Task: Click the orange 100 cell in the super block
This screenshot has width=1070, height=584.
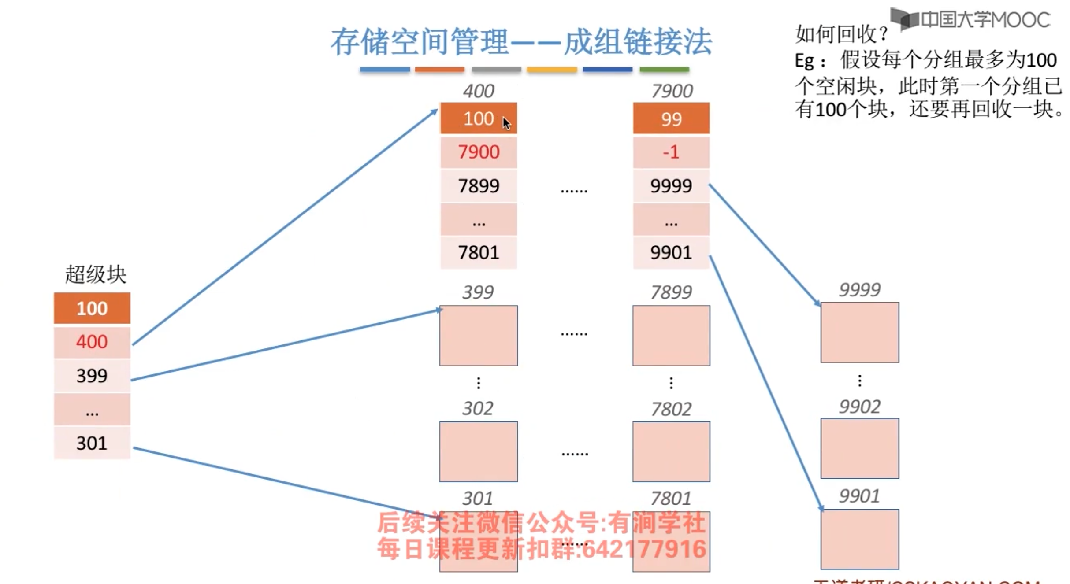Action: point(92,308)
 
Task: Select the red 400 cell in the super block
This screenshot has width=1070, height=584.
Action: point(92,342)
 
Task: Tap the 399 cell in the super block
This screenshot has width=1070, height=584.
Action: point(92,376)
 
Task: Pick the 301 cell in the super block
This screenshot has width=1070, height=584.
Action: point(92,443)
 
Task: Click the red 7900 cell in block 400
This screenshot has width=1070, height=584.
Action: point(479,152)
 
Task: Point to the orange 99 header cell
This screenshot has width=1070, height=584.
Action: point(671,119)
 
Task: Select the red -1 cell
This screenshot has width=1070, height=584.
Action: point(671,152)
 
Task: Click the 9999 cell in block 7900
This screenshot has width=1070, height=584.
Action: point(671,186)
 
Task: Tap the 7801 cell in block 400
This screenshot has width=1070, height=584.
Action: point(479,253)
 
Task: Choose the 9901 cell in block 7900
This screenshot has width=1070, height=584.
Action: point(671,253)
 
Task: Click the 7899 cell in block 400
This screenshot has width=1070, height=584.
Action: point(479,186)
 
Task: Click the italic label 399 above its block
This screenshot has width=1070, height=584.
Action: point(478,292)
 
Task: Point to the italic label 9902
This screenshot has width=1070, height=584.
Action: point(859,407)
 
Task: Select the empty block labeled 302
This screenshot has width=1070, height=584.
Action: point(479,451)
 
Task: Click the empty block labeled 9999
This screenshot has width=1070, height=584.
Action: point(859,333)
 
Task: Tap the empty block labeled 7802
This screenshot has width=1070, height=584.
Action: point(671,451)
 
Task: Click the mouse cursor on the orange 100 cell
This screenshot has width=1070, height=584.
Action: point(506,123)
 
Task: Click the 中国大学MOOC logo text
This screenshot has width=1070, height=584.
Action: point(985,20)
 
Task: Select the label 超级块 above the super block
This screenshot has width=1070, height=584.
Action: point(96,275)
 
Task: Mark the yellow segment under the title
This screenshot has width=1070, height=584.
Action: point(552,70)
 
